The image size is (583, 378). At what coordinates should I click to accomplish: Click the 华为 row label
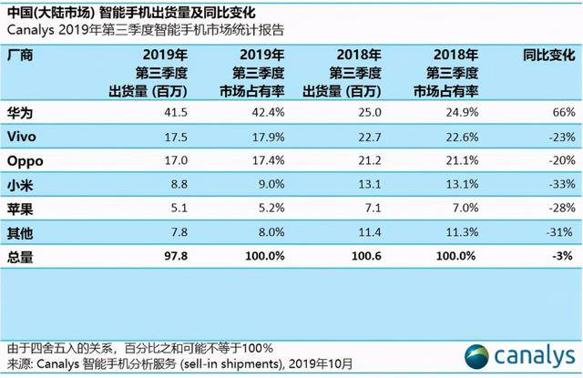point(20,113)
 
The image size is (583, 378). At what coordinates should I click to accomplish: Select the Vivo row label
point(22,137)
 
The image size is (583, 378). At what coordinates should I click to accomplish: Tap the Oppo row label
point(26,161)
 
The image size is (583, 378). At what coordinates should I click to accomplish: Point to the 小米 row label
point(20,185)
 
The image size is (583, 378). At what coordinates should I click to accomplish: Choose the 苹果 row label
point(20,209)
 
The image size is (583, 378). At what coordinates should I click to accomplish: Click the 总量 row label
point(20,257)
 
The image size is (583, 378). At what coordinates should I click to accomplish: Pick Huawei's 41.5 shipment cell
point(176,112)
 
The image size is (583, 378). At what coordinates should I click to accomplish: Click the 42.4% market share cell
point(268,112)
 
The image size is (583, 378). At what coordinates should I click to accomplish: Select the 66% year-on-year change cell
point(564,112)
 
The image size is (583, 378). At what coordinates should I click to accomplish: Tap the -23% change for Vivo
point(562,138)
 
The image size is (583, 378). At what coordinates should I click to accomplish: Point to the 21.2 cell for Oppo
point(370,160)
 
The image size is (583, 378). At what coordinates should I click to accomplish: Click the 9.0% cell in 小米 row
point(271,184)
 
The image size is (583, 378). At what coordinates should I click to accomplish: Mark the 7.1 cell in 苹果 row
point(373,208)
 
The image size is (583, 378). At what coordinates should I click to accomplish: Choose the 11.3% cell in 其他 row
point(462,232)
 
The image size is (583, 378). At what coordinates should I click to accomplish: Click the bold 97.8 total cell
point(176,256)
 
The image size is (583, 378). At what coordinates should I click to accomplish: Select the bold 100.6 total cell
point(366,256)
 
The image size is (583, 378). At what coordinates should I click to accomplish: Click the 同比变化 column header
point(549,56)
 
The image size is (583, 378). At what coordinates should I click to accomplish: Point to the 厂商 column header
point(20,56)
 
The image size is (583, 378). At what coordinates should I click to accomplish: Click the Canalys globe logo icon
point(476,357)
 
